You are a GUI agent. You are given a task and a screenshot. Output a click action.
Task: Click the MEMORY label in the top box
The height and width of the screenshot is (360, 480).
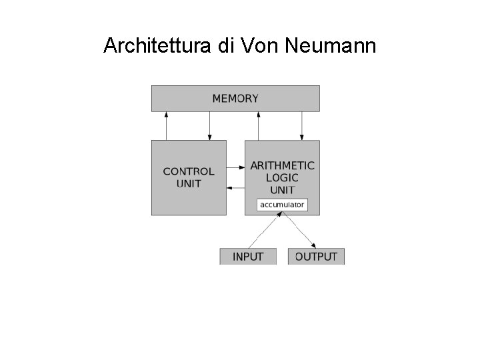235,99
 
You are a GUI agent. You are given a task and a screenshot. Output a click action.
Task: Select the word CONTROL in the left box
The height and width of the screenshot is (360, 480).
189,171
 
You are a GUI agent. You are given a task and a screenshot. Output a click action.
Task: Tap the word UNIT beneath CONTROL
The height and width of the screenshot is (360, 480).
189,183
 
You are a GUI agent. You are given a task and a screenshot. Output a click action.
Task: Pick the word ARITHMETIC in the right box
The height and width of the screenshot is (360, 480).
283,165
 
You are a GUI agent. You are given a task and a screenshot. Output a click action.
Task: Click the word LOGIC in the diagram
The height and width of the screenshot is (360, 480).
283,177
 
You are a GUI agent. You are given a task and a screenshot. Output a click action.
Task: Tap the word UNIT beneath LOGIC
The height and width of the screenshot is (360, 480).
283,189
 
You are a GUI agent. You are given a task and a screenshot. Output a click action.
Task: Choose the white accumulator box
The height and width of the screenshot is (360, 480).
283,205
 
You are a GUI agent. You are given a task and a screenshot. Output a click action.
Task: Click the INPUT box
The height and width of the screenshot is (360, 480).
248,257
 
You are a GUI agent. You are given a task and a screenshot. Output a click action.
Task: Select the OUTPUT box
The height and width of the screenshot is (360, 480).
316,257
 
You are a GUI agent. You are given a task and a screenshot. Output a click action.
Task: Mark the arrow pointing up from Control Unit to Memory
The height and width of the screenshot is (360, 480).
167,125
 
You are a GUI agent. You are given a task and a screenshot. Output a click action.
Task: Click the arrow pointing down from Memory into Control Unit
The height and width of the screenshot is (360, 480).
209,125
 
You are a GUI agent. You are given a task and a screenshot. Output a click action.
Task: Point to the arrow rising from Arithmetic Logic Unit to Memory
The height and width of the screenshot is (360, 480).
258,125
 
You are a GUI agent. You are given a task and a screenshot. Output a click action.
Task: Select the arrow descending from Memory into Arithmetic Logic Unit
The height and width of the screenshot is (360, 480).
301,125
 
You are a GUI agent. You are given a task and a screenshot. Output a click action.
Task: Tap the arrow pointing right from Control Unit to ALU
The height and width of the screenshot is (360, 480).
235,167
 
